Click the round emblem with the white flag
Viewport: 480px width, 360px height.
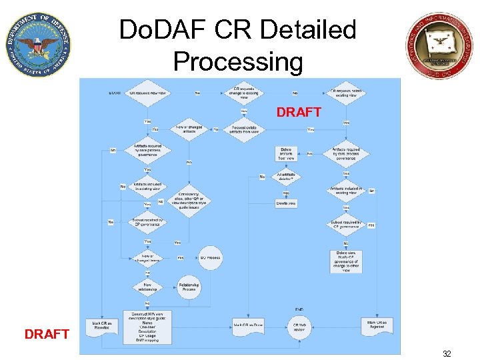click(441, 45)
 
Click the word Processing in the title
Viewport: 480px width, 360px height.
click(237, 61)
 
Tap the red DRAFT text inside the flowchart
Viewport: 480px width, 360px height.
click(299, 113)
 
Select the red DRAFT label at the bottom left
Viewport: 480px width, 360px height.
click(47, 334)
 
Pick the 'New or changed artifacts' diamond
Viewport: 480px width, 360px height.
click(189, 129)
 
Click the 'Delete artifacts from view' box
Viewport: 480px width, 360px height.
click(286, 153)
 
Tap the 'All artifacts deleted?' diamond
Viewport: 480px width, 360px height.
click(286, 176)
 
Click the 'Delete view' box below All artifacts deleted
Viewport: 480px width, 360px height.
click(286, 203)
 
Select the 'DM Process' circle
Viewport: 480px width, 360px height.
click(210, 257)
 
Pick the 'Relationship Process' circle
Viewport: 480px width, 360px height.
click(189, 288)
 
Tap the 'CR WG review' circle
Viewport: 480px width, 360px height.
click(299, 327)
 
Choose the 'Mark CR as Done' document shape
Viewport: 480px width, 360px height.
click(249, 325)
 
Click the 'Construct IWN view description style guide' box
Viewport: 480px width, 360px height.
click(147, 327)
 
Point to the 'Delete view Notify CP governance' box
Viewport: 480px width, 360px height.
click(345, 261)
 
